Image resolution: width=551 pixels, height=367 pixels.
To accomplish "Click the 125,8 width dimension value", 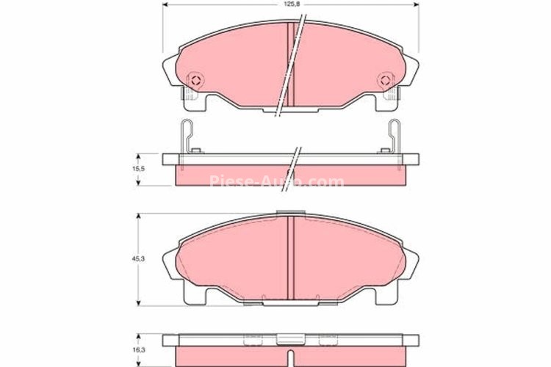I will click(289, 5).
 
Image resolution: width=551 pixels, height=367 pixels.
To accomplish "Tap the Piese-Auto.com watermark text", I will click(276, 181).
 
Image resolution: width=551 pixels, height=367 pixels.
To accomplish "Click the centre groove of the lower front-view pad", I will click(289, 257).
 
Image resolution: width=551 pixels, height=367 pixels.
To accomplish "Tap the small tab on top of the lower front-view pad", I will click(289, 214).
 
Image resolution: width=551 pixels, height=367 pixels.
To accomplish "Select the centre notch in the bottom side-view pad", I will click(289, 339).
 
